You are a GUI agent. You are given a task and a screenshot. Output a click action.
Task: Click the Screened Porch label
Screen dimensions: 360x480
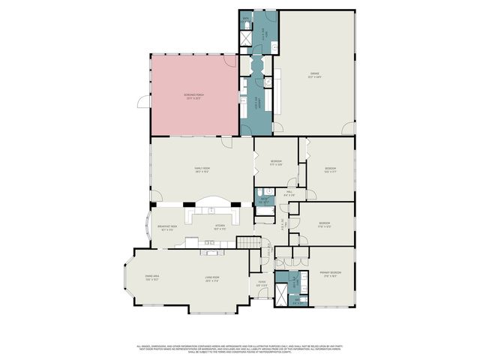coord(194,96)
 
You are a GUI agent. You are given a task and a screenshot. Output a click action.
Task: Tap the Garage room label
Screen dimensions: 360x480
coord(314,75)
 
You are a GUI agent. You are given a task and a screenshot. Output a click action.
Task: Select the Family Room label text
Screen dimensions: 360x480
coord(202,170)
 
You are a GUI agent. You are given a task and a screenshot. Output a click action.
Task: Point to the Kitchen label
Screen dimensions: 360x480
coord(220,226)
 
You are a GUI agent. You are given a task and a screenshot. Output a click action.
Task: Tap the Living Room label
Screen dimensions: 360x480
coord(211,279)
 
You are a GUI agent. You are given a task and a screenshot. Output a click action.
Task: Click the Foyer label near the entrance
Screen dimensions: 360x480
coord(262,283)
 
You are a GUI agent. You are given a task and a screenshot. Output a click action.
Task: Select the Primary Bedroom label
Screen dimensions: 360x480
coord(331,273)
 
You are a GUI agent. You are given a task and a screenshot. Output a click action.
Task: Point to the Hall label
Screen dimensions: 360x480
coord(289,193)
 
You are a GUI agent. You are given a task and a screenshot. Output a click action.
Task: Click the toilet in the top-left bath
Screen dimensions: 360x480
coord(246,25)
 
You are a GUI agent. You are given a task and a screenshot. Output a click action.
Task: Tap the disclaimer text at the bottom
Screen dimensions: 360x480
coord(240,348)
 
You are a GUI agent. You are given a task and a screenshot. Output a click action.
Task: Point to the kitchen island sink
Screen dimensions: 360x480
coord(210,243)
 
